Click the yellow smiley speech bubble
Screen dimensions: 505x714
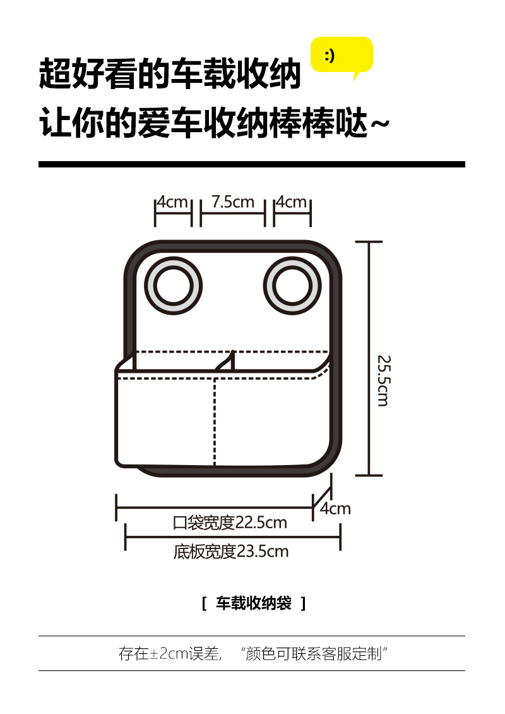[342, 56]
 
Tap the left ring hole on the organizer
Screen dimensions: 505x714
[174, 286]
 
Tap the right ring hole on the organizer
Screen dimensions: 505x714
[292, 286]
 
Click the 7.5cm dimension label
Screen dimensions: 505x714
[232, 202]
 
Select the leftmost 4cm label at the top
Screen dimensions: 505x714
[173, 202]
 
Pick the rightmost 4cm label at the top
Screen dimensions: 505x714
[292, 202]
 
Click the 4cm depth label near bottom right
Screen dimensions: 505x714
[335, 509]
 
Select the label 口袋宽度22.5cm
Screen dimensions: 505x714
[230, 523]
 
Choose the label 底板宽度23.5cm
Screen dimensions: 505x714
[231, 552]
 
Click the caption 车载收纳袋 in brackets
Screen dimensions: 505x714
[254, 603]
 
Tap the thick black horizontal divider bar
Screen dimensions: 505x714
[251, 164]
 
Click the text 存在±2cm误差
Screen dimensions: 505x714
[169, 654]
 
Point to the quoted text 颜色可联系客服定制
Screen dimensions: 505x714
[314, 654]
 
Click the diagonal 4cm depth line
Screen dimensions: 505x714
[324, 493]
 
